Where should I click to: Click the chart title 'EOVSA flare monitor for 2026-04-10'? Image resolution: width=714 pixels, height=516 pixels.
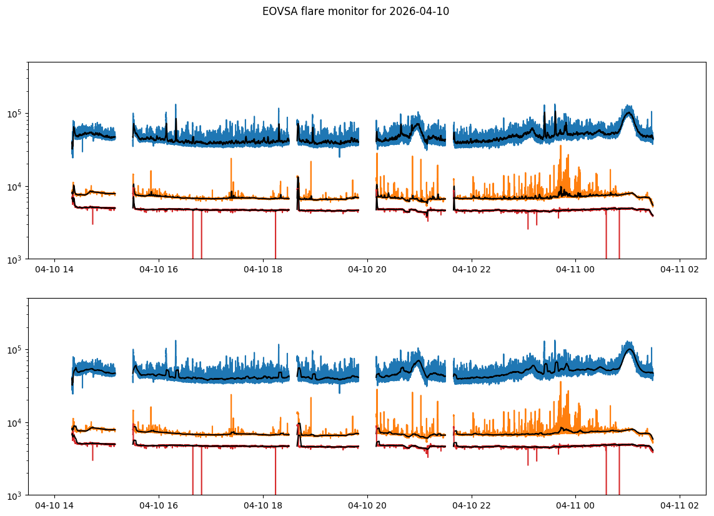pos(355,11)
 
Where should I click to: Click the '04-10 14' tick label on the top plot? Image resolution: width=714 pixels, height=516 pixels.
pos(54,269)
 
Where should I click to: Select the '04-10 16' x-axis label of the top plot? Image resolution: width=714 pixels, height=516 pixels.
pos(159,269)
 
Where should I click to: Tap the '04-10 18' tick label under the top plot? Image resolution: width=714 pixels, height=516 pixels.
pos(263,269)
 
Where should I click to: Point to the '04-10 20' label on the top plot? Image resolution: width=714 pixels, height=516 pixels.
pos(367,269)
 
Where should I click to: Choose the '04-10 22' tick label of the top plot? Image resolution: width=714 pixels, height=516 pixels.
pos(472,269)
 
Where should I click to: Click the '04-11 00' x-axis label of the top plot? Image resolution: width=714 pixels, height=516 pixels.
pos(575,269)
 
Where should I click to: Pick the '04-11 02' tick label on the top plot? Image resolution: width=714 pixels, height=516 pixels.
pos(680,269)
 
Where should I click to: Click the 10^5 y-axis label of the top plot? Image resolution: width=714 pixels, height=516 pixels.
pos(15,114)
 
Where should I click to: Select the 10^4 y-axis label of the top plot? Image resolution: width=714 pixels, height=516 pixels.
pos(15,187)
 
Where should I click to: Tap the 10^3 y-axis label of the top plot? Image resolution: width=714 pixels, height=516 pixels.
pos(15,260)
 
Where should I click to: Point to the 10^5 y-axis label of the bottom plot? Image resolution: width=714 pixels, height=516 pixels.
pos(15,349)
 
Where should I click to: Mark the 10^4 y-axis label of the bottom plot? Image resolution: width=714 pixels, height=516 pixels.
pos(15,423)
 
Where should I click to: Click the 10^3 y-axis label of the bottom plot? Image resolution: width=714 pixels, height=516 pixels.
pos(15,495)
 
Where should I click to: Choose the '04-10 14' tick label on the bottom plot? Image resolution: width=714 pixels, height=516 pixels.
pos(54,505)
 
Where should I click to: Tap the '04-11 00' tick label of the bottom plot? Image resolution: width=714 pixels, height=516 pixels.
pos(575,505)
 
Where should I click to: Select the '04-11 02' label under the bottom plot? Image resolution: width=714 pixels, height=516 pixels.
pos(680,505)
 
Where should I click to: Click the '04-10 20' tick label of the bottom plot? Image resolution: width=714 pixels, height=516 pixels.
pos(367,505)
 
